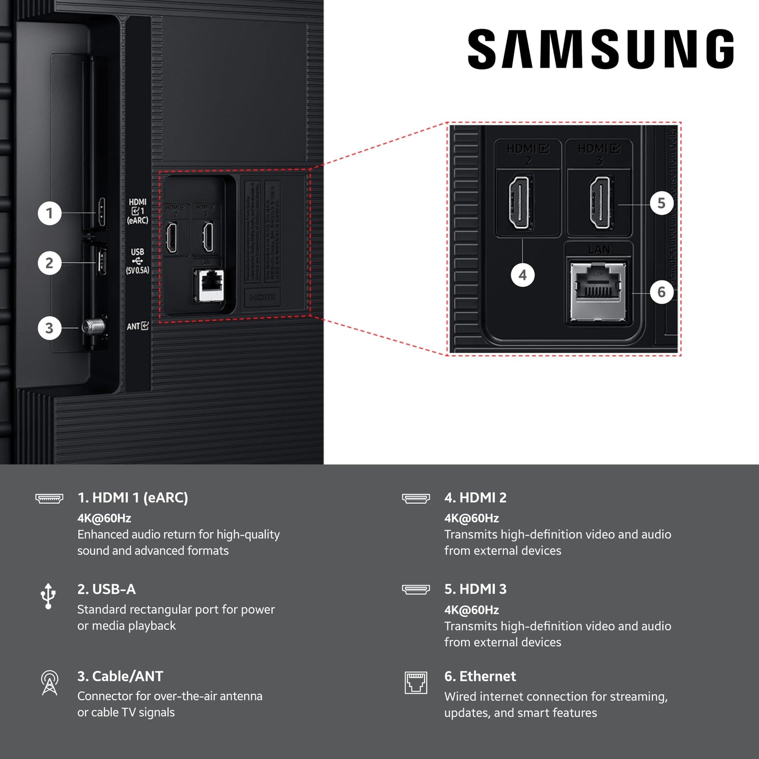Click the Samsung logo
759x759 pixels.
click(600, 49)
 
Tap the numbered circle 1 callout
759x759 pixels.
click(49, 213)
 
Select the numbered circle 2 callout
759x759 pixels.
click(49, 263)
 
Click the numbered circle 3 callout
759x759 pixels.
click(49, 328)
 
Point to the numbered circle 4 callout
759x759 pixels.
click(522, 275)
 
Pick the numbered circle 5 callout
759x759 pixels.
click(661, 203)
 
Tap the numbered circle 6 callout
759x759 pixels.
click(661, 292)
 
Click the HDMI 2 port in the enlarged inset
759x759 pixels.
click(520, 203)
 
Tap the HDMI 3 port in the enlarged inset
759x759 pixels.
click(600, 203)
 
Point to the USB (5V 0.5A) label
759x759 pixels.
click(137, 261)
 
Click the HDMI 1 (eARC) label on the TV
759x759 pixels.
click(138, 211)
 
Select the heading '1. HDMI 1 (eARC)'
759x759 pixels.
click(132, 497)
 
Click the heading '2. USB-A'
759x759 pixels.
click(106, 589)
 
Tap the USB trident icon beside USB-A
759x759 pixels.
click(48, 596)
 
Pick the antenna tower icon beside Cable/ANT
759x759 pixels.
click(49, 683)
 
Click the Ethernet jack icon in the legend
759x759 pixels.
click(415, 682)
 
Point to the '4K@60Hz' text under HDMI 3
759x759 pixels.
click(471, 610)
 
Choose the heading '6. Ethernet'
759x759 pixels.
click(480, 676)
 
